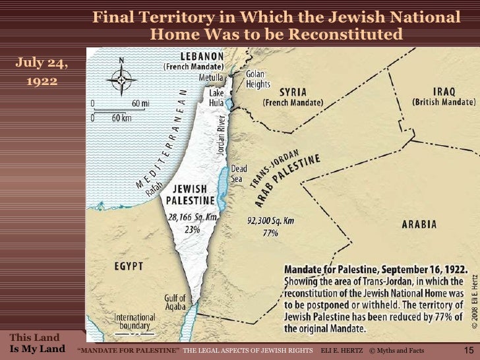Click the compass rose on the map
[121, 80]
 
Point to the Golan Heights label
[258, 80]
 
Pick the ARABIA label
[419, 224]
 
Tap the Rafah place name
[154, 189]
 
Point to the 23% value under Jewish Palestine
[191, 228]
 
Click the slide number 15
[469, 349]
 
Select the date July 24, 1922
[41, 73]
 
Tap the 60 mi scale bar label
[140, 104]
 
